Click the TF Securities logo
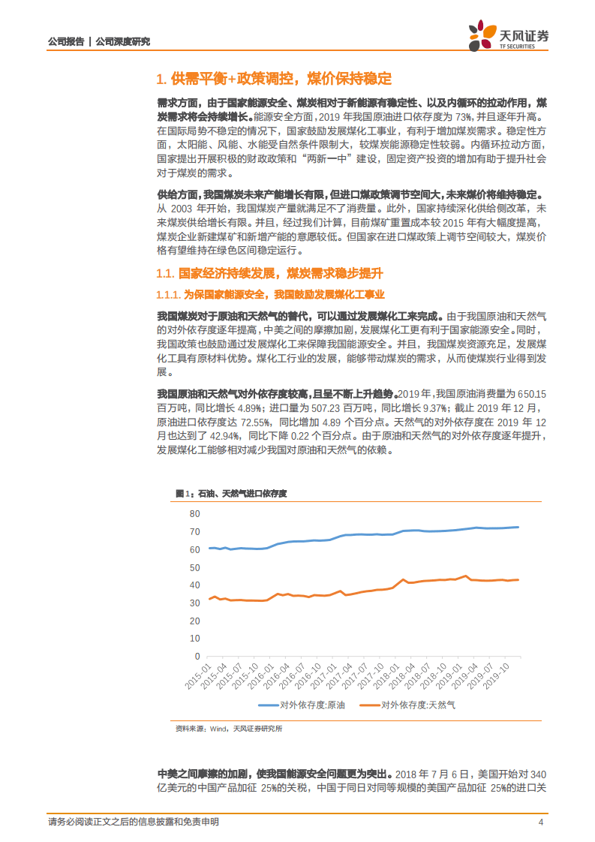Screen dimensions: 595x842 (x=509, y=36)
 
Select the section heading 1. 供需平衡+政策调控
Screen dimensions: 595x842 (x=274, y=80)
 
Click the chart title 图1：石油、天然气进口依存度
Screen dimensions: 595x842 (x=232, y=493)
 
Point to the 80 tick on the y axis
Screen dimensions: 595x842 (x=195, y=514)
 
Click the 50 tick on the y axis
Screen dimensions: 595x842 (x=195, y=567)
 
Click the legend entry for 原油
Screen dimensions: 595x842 (x=302, y=705)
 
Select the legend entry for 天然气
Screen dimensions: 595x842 (x=408, y=705)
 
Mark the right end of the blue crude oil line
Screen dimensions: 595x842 (x=518, y=527)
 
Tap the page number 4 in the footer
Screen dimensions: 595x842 (x=540, y=822)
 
